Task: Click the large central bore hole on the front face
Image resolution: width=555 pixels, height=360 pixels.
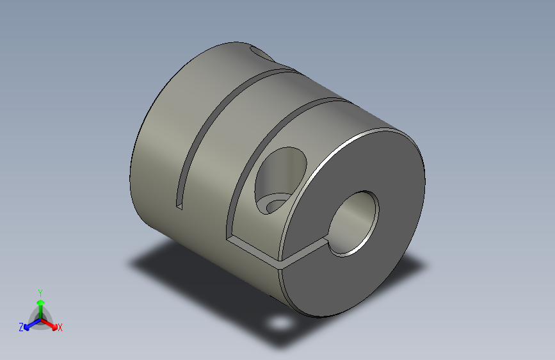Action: [353, 223]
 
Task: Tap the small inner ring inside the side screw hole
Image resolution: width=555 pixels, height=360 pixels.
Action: [277, 205]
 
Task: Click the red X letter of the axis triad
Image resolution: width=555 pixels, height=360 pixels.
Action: [60, 327]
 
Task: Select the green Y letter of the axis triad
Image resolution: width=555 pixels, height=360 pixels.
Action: [40, 291]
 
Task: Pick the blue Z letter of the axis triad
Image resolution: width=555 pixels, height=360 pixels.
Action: [21, 327]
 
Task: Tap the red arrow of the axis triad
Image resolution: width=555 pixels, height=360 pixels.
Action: [51, 323]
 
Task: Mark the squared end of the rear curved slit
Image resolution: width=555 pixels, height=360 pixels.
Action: [179, 205]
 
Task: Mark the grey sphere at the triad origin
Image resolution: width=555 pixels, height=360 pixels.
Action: [40, 318]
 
